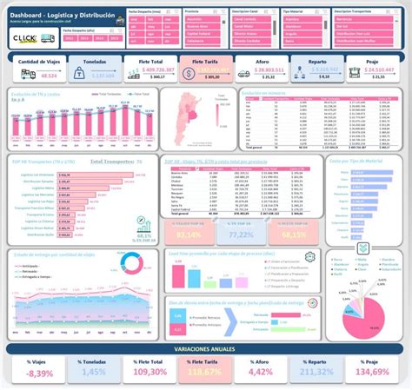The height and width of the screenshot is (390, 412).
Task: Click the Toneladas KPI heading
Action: click(93, 63)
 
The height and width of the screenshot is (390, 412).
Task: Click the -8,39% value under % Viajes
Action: click(39, 373)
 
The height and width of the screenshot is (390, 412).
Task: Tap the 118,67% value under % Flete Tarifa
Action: click(206, 373)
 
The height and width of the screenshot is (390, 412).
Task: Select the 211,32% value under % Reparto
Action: click(317, 373)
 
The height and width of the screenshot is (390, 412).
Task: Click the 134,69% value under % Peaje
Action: click(373, 373)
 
